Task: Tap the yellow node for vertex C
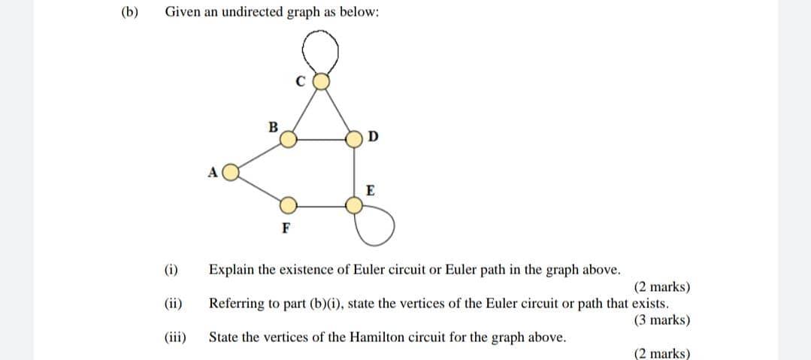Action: [321, 80]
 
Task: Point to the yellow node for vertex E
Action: [354, 204]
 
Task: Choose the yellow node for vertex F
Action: [288, 204]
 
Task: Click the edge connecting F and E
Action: [321, 204]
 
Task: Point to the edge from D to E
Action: [354, 171]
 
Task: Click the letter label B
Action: [274, 126]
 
